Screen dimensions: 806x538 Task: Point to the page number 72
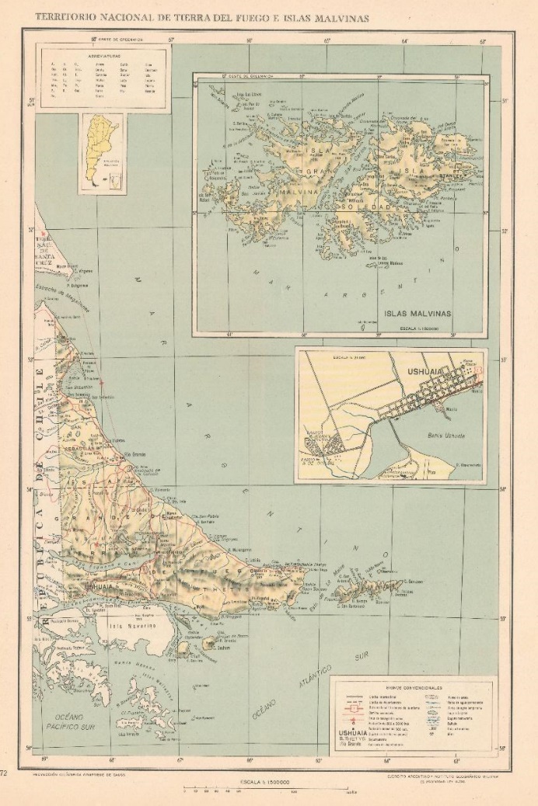[5, 773]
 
